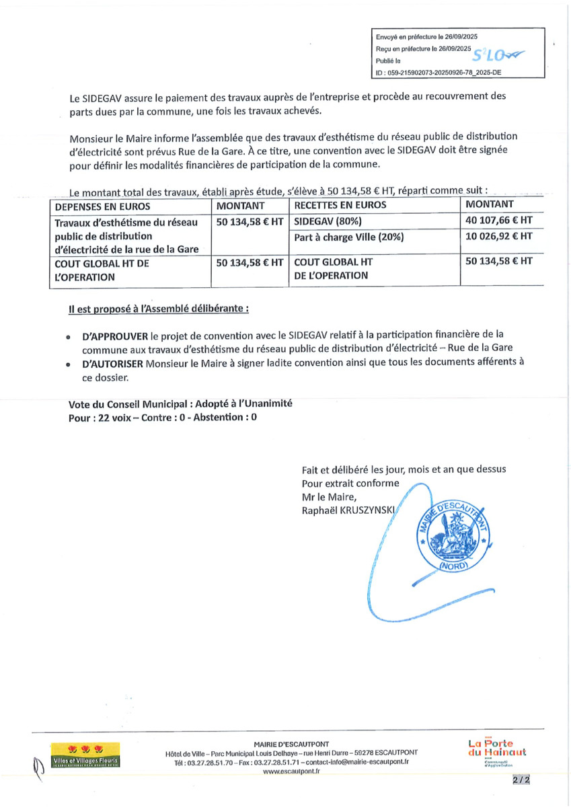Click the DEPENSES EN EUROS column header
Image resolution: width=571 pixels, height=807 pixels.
[x=103, y=206]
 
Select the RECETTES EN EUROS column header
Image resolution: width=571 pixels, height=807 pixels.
[x=340, y=205]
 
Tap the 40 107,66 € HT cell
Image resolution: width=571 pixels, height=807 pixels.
[x=498, y=220]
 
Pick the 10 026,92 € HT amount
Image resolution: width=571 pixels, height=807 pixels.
[x=498, y=236]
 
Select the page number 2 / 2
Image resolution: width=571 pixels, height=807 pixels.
[x=521, y=781]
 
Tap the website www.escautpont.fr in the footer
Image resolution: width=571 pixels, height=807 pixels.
[x=291, y=771]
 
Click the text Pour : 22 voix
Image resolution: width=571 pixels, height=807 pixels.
[x=102, y=417]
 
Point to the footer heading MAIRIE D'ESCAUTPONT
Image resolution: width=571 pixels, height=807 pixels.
[x=291, y=744]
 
